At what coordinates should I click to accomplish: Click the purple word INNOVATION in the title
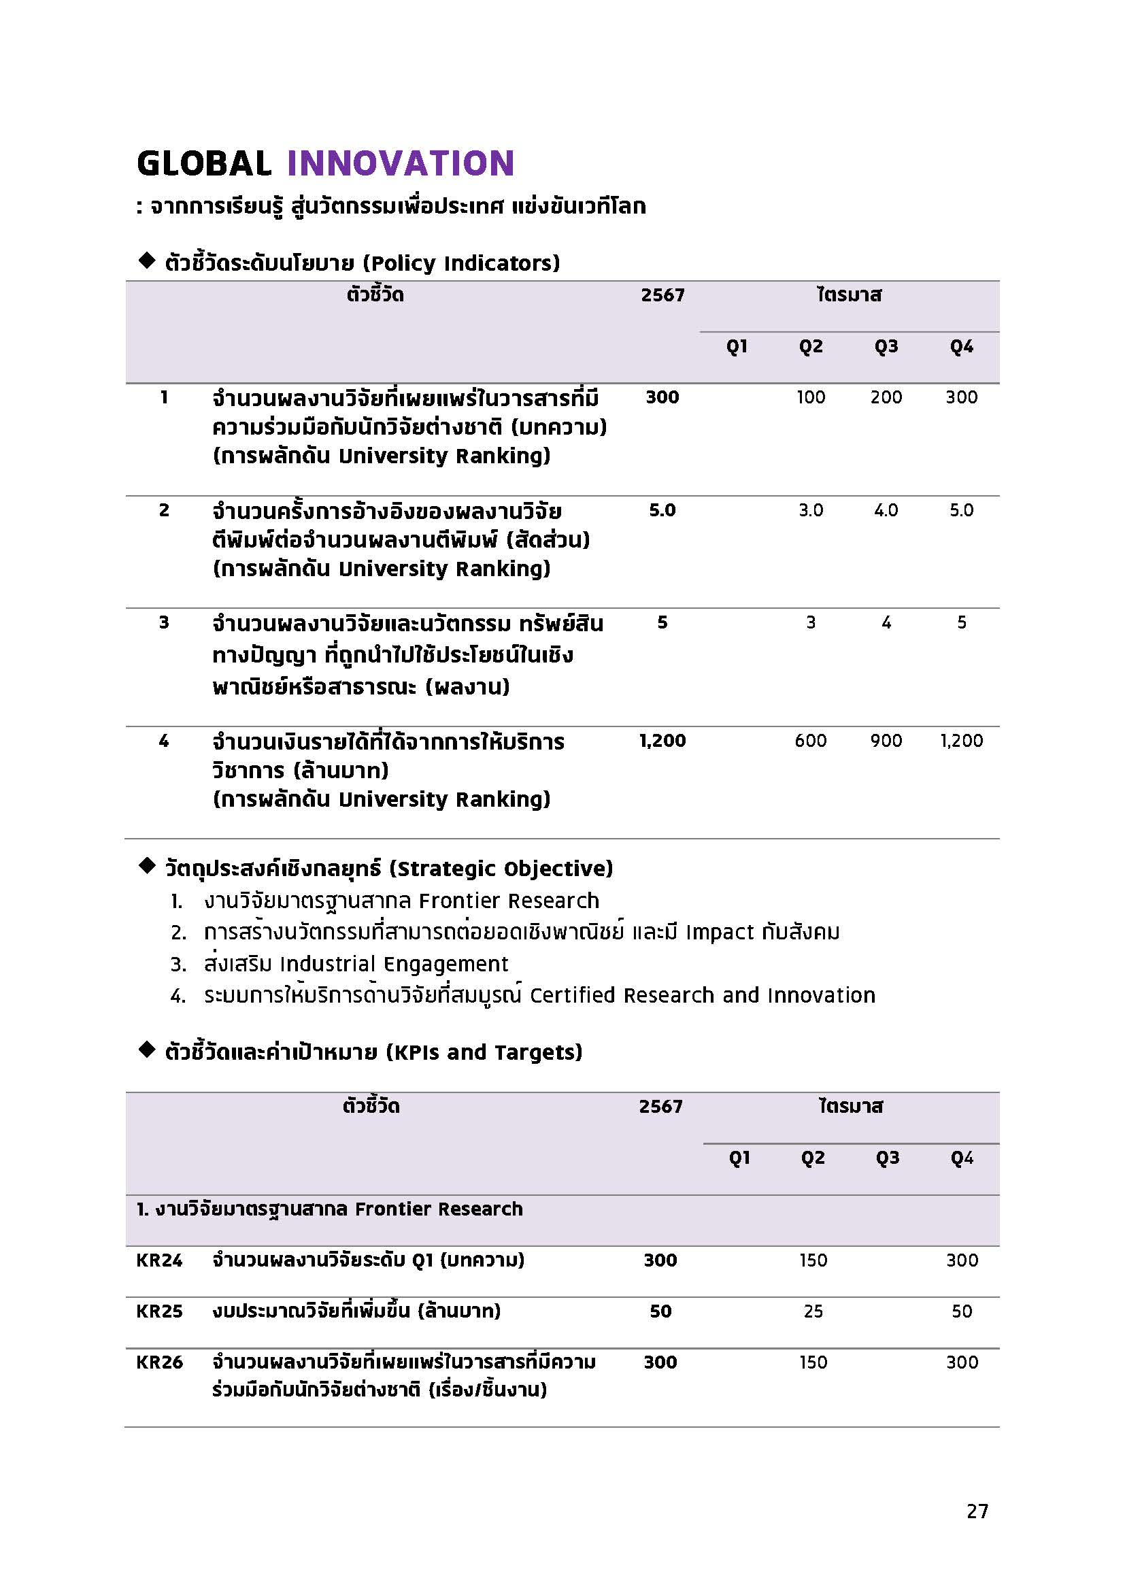tap(401, 163)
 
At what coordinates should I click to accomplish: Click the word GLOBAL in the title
tap(203, 163)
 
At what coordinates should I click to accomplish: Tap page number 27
tap(977, 1511)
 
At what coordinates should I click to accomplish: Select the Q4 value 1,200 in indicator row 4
tap(961, 741)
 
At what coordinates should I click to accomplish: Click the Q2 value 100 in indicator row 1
tap(811, 397)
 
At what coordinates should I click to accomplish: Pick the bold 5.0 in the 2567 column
tap(662, 510)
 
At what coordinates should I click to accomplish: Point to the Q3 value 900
tap(886, 741)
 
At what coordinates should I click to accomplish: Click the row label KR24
tap(159, 1260)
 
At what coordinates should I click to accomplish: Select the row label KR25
tap(159, 1311)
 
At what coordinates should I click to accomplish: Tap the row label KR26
tap(159, 1362)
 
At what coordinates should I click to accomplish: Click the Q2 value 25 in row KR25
tap(813, 1311)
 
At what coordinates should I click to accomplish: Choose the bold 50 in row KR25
tap(660, 1311)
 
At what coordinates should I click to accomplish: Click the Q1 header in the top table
tap(737, 346)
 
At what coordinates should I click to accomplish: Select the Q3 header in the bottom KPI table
tap(887, 1158)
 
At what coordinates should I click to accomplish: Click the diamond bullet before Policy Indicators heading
tap(147, 261)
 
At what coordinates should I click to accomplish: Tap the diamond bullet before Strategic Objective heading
tap(147, 866)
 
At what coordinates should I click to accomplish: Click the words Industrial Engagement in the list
tap(394, 964)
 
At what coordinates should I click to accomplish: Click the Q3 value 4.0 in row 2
tap(886, 510)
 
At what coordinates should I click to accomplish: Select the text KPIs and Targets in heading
tap(484, 1052)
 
